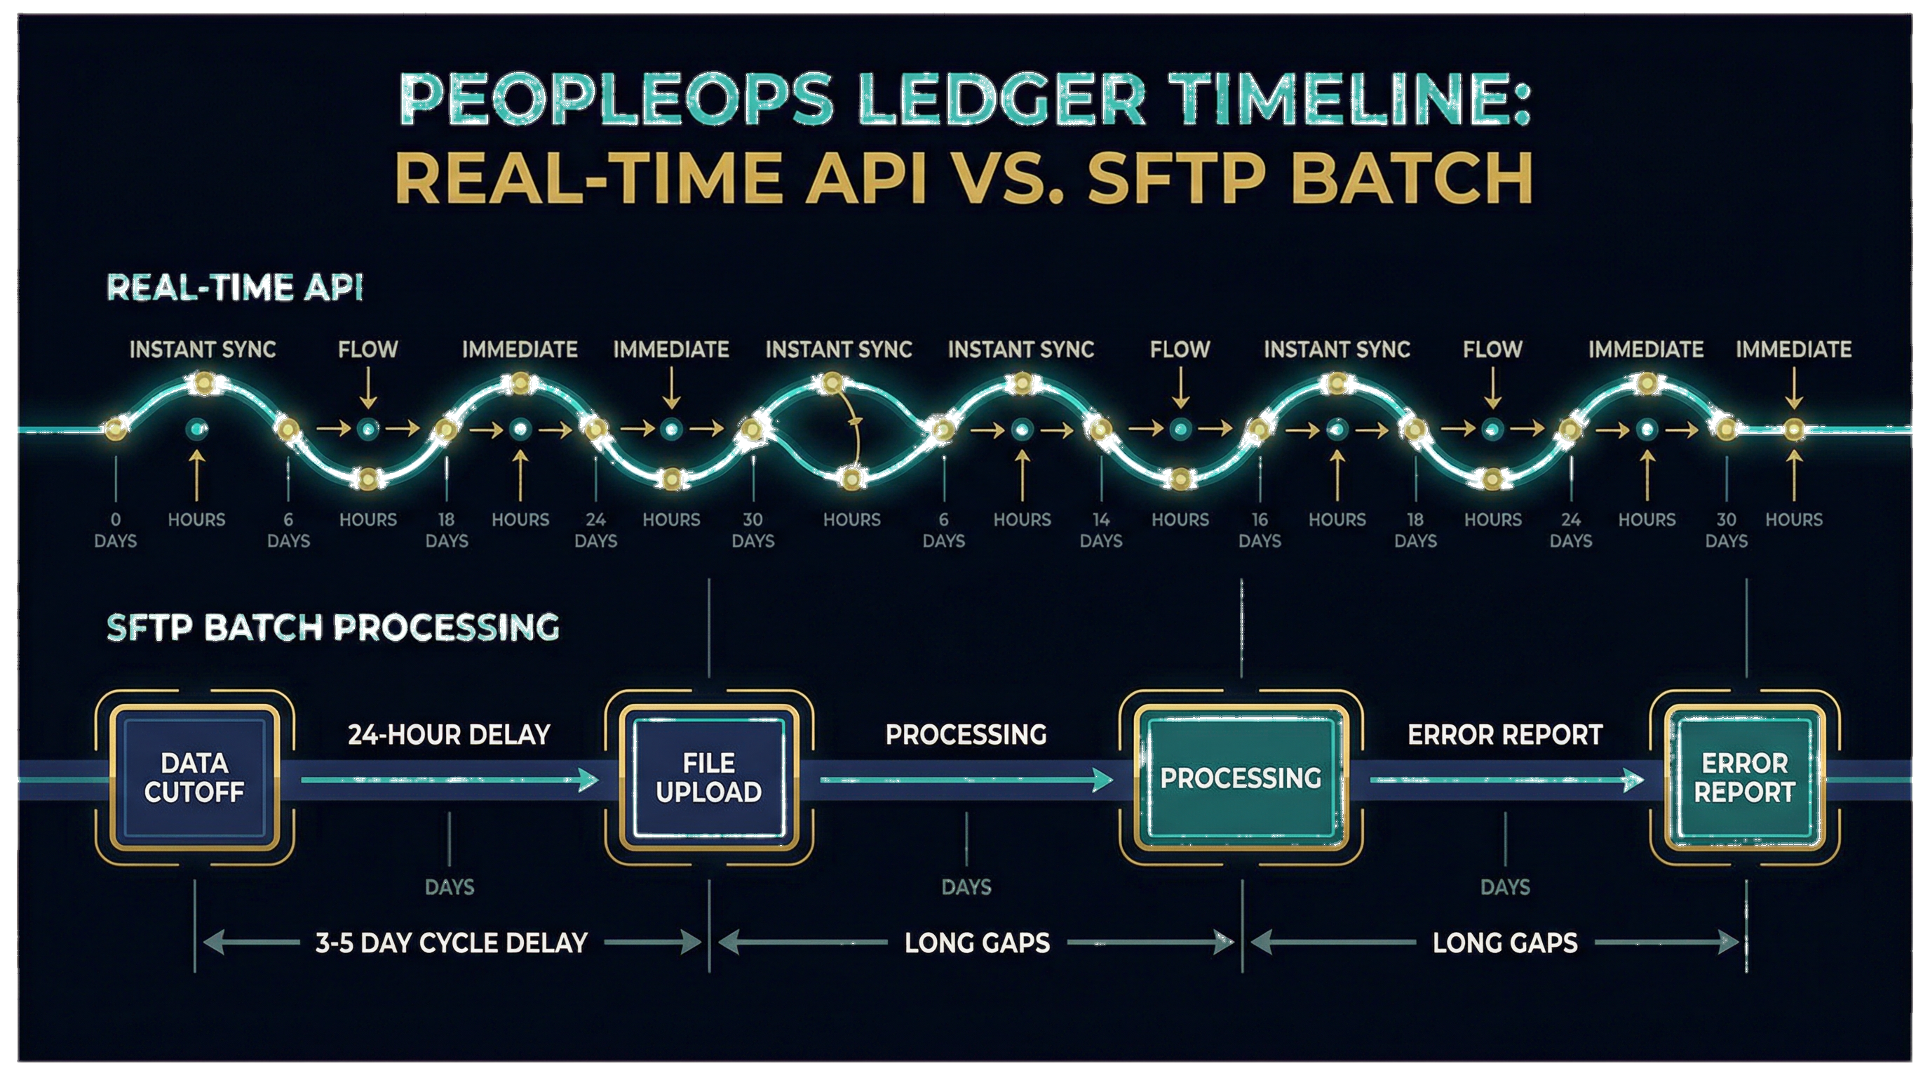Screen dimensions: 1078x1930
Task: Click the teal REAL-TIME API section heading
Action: tap(234, 288)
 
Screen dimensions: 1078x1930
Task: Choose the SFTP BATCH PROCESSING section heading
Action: tap(332, 627)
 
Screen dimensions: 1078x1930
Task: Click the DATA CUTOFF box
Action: tap(194, 778)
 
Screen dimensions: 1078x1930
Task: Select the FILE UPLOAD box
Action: tap(708, 778)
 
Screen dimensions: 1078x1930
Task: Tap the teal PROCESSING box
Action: tap(1241, 778)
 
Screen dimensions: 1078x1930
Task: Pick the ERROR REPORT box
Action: tap(1744, 778)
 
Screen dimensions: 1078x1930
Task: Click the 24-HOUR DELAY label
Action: tap(449, 735)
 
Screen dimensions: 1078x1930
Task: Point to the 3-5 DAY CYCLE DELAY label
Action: tap(451, 943)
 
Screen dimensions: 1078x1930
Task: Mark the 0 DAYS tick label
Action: tap(116, 530)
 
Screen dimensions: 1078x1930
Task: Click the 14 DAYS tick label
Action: tap(1100, 530)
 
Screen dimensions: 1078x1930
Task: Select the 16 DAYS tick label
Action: tap(1260, 530)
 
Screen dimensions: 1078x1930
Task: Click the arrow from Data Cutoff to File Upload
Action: tap(450, 780)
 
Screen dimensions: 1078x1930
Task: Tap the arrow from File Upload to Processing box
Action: tap(966, 780)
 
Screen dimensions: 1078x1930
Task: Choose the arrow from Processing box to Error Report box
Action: tap(1506, 780)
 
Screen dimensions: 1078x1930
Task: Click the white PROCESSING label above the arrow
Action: tap(966, 735)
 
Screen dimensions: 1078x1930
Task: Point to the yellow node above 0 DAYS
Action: tap(116, 430)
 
